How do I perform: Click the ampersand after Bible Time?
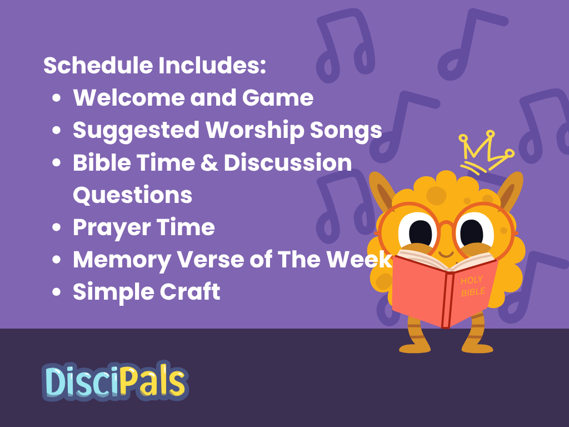pos(209,163)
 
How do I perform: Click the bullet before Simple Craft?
pos(56,292)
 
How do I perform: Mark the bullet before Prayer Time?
pos(56,227)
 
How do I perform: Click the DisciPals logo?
pos(115,381)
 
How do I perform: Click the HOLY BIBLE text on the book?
pos(473,286)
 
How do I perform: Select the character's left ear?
pos(382,190)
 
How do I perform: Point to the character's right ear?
pos(511,190)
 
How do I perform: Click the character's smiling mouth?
pos(446,254)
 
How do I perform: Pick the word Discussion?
pos(288,163)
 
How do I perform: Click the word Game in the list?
pos(278,98)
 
